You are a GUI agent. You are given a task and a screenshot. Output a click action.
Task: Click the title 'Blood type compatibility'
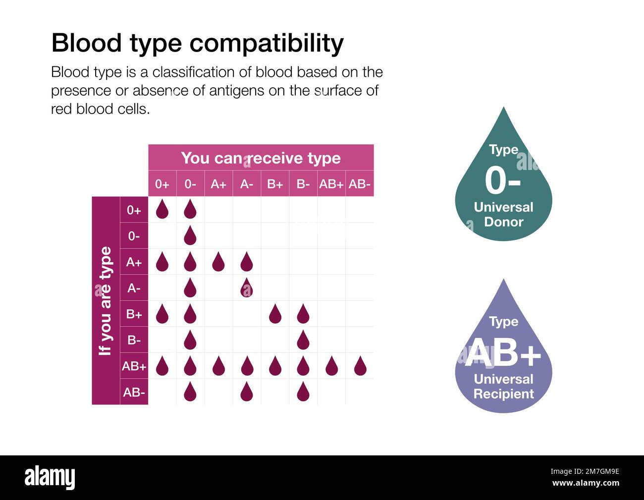pos(197,43)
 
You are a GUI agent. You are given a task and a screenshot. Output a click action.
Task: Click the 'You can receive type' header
pos(261,158)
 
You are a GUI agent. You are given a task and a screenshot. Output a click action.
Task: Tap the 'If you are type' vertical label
pos(106,301)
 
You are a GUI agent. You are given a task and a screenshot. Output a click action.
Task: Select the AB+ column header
pos(331,184)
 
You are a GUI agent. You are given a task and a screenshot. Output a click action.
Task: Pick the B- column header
pos(303,184)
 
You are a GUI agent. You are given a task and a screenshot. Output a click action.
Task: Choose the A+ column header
pos(218,184)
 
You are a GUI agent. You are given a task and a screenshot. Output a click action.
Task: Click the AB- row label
pos(134,392)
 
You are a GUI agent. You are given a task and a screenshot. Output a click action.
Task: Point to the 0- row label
pos(134,236)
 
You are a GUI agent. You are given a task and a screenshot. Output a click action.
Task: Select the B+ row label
pos(134,314)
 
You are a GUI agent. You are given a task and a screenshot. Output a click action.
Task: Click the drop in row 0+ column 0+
pos(162,210)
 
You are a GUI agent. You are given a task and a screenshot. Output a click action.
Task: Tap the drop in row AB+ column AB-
pos(360,366)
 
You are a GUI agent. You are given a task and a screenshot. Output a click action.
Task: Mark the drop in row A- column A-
pos(247,288)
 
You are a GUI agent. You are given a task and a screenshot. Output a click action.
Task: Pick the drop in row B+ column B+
pos(275,314)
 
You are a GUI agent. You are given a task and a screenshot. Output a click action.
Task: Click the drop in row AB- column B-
pos(303,392)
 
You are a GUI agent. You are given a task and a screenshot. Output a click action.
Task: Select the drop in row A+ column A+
pos(218,262)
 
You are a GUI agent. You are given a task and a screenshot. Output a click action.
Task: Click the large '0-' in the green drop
pos(502,181)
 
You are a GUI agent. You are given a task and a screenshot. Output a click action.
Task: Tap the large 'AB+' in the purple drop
pos(503,353)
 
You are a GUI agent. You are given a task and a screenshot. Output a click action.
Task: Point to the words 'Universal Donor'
pos(503,215)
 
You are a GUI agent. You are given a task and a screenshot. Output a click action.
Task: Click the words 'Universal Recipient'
pos(503,387)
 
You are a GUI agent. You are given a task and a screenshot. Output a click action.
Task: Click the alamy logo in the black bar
pos(50,478)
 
